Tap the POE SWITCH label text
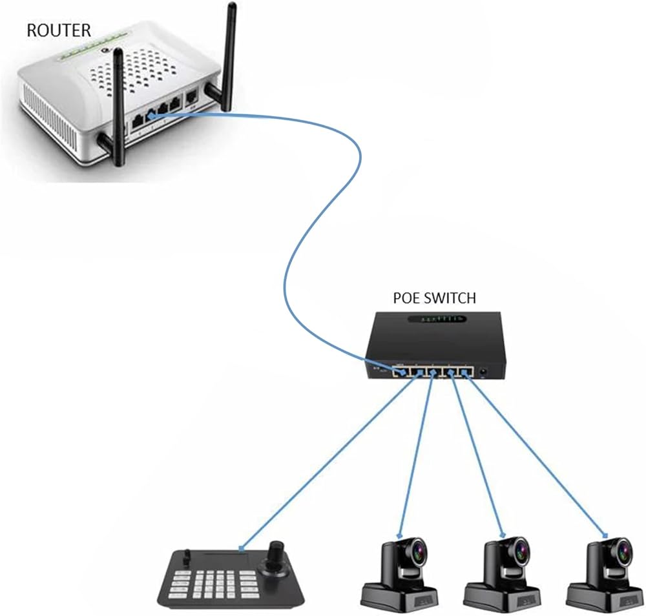(434, 298)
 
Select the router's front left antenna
(119, 103)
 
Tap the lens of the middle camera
(520, 549)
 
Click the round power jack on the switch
(482, 371)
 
